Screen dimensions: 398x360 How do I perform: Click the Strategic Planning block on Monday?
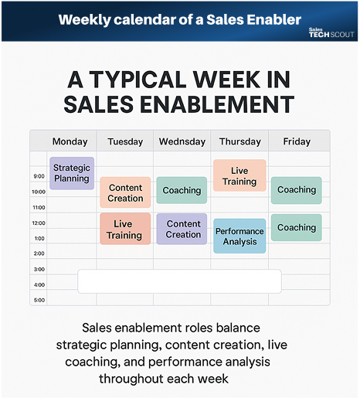[x=72, y=173]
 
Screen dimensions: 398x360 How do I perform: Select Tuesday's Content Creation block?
[x=125, y=192]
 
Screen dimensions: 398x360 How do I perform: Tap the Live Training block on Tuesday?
[x=125, y=230]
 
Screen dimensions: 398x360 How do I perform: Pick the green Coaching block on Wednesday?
[x=182, y=190]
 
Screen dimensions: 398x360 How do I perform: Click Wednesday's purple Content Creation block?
[x=183, y=229]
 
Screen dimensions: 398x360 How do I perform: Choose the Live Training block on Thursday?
[x=239, y=175]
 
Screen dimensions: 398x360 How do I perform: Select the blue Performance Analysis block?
[x=239, y=236]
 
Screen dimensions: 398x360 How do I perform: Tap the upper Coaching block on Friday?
[x=297, y=190]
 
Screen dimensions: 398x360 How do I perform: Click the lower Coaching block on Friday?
[x=297, y=227]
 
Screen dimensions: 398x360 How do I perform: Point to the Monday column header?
[x=70, y=141]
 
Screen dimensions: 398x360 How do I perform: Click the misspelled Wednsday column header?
[x=182, y=141]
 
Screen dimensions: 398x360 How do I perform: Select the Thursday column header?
[x=239, y=141]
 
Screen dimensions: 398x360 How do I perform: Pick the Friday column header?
[x=297, y=141]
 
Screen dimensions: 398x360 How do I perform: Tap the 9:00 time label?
[x=39, y=176]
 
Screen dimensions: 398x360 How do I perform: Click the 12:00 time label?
[x=39, y=223]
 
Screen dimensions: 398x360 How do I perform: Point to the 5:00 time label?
[x=39, y=300]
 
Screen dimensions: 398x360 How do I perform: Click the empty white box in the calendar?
[x=179, y=281]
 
